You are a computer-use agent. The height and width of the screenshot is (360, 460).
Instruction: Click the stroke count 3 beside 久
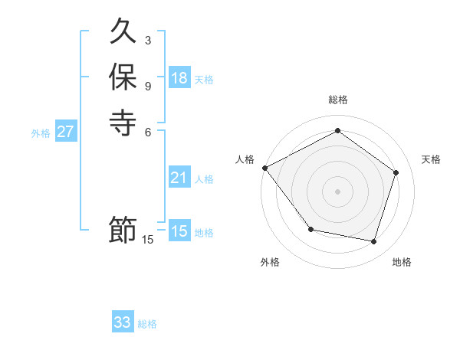[x=148, y=40]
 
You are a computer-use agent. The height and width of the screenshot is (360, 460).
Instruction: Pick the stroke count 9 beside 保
[x=148, y=85]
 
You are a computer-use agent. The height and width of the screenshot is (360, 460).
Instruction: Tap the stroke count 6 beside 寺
[x=148, y=130]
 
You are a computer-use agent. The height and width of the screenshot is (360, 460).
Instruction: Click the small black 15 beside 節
[x=148, y=240]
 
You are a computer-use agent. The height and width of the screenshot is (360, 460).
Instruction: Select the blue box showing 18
[x=179, y=78]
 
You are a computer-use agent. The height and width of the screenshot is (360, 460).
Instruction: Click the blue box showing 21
[x=179, y=178]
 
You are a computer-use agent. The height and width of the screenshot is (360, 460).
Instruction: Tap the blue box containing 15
[x=179, y=231]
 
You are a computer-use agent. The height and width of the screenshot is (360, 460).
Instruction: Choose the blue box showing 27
[x=66, y=132]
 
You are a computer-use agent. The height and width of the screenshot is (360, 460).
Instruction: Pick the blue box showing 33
[x=123, y=322]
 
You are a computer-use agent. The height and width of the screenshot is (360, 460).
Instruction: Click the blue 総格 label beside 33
[x=148, y=325]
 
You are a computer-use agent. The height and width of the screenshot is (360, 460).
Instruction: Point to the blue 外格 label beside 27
[x=41, y=133]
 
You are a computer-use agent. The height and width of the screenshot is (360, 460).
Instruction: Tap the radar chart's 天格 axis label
[x=431, y=159]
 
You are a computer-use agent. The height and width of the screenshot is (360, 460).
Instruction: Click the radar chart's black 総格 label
[x=338, y=100]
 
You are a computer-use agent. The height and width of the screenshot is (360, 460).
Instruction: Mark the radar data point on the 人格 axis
[x=265, y=167]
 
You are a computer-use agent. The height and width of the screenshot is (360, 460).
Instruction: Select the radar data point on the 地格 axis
[x=373, y=241]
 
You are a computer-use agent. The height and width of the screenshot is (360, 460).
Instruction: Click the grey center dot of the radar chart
[x=337, y=191]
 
